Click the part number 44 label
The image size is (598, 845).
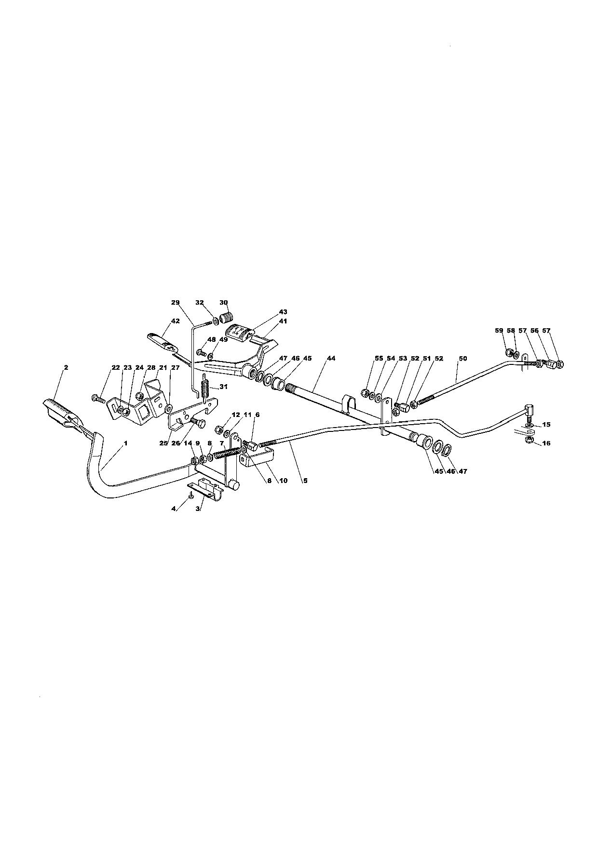pos(331,358)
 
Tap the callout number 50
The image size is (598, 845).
pos(463,358)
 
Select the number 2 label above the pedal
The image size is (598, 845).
pos(66,367)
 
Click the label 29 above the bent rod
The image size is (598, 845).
pos(175,302)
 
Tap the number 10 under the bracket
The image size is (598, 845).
pos(283,480)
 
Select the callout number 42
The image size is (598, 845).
pos(175,321)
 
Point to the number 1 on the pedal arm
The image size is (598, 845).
pos(125,443)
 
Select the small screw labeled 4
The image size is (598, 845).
pos(192,495)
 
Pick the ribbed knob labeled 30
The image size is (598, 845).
pos(227,319)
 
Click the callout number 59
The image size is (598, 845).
pos(499,330)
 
